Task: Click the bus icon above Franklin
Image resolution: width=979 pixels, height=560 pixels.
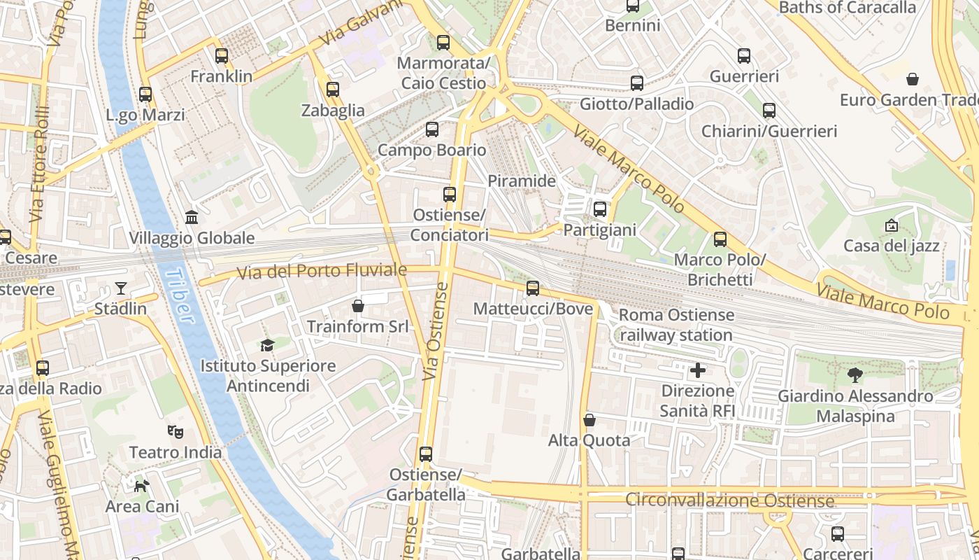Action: point(222,56)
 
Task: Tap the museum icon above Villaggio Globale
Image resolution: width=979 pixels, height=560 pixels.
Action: point(192,218)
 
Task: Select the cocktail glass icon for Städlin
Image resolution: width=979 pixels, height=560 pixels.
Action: point(121,288)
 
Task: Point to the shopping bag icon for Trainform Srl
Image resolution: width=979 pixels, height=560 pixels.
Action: point(358,306)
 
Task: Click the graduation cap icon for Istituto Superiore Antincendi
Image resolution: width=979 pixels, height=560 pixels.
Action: point(267,345)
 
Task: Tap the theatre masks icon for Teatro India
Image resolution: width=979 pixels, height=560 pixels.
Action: point(176,432)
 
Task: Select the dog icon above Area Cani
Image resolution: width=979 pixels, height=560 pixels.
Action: point(142,485)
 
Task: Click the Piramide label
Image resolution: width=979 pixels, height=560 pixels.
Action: point(522,181)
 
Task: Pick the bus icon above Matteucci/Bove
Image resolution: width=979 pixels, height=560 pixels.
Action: point(533,288)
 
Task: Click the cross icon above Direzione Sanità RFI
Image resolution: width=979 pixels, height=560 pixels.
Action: point(698,370)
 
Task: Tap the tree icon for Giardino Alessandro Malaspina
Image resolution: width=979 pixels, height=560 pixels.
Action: point(855,375)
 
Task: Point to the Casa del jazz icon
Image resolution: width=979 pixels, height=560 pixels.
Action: point(892,225)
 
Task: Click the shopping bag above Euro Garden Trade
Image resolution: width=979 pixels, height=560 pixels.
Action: point(913,79)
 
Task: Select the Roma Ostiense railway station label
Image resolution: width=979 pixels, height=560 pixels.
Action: point(676,325)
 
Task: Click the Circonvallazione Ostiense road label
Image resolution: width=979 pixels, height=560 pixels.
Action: point(729,500)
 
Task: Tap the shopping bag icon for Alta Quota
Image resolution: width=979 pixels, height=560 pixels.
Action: point(589,420)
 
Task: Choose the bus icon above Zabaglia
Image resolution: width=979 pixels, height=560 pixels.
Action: point(333,90)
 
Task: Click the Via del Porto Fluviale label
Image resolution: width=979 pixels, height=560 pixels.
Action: point(322,271)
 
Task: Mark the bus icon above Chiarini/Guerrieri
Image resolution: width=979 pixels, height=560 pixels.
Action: point(769,111)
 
